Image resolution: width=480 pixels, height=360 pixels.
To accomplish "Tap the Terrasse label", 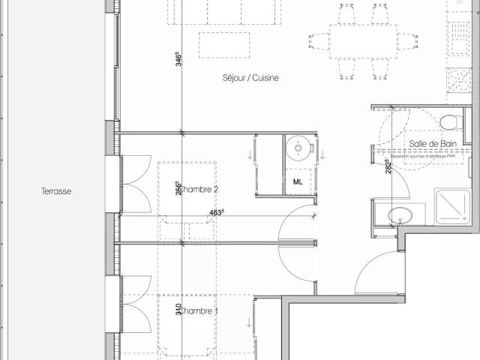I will coord(56,191).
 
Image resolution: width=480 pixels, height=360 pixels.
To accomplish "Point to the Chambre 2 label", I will coord(199,190).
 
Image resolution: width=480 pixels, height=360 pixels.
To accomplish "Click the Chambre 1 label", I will coord(199,311).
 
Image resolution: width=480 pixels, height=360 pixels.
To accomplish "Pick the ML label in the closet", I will coord(298,182).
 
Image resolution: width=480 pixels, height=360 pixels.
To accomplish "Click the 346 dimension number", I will coord(178,59).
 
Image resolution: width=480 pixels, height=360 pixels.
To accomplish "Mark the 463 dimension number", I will coord(217,212).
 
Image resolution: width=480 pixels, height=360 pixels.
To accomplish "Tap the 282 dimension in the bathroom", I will coord(387,166).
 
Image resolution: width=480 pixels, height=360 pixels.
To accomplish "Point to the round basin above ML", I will coord(299,148).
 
